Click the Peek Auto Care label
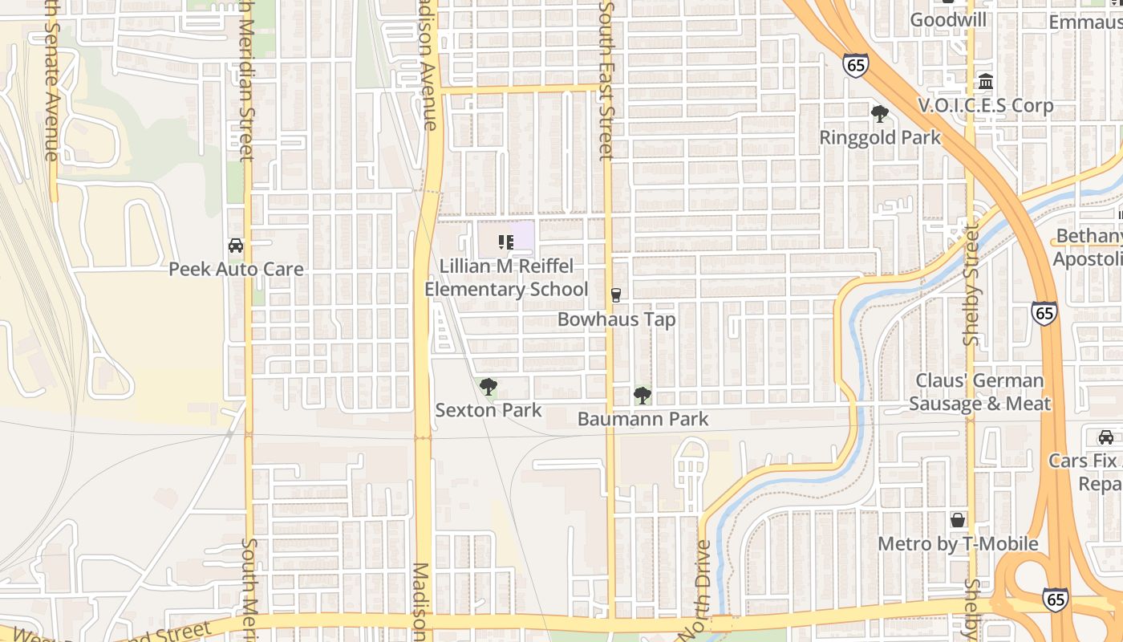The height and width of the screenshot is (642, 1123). [236, 269]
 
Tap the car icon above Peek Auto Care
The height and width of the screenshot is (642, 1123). [236, 246]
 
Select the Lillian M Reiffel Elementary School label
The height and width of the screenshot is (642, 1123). [506, 278]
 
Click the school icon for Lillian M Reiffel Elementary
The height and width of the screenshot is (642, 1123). [506, 242]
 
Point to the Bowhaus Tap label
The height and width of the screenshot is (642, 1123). [616, 319]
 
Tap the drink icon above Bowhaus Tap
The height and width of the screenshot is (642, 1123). [616, 295]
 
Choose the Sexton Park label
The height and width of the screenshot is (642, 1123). [488, 410]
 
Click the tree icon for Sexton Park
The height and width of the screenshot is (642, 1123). [488, 388]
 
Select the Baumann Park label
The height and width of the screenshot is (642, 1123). [643, 419]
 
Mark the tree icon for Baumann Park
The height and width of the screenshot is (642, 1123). [642, 395]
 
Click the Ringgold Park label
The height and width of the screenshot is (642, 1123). [880, 137]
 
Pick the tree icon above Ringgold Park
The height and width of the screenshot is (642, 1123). [880, 114]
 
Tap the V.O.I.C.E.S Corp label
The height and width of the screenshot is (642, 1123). [985, 105]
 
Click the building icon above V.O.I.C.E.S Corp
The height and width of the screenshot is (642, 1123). [986, 82]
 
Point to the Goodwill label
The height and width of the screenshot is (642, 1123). [948, 19]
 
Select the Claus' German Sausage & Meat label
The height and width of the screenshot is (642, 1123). [979, 392]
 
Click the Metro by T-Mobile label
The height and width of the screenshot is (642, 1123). [958, 544]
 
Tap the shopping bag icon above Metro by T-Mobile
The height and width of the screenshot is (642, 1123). [958, 520]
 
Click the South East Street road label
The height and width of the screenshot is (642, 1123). [607, 80]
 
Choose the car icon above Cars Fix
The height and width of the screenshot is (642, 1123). [1106, 437]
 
